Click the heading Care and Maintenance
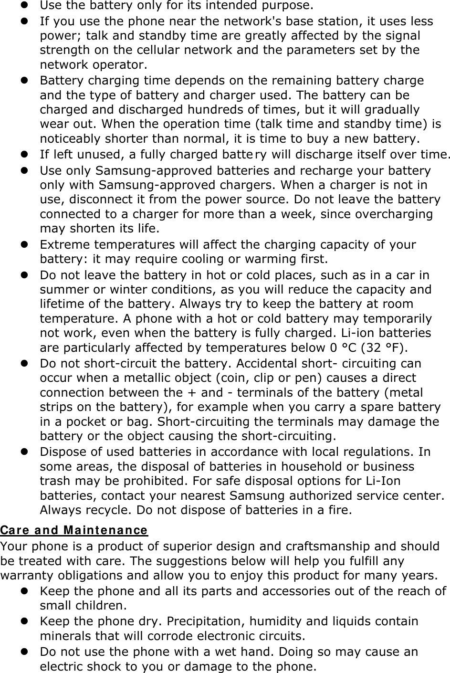[x=74, y=530]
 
